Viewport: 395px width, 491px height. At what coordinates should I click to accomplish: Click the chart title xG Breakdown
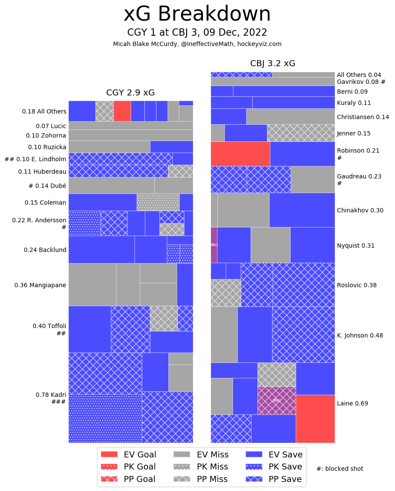197,14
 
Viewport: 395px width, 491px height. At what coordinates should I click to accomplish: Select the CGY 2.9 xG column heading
130,93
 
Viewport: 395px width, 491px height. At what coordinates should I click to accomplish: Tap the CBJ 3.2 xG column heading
273,64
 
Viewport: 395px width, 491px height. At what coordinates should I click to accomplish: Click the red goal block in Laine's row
315,418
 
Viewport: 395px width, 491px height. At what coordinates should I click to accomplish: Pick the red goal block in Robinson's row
240,153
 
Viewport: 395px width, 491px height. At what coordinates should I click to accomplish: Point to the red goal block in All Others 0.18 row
122,111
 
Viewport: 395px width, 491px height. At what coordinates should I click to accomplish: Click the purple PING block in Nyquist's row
214,245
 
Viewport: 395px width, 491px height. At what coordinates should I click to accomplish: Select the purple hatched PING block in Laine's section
276,400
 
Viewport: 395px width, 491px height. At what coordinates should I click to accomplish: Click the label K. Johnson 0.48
360,335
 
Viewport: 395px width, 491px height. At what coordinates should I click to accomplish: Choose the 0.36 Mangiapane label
40,285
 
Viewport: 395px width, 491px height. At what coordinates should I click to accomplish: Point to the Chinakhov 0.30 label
360,210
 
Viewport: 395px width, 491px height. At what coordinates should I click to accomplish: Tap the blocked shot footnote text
340,469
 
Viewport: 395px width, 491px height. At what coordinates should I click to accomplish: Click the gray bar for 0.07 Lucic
130,125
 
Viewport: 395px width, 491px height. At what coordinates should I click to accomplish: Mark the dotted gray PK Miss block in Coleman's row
158,202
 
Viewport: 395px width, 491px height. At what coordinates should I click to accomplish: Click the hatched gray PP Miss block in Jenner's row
300,133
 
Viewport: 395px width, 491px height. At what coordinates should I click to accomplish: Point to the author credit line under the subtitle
197,44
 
